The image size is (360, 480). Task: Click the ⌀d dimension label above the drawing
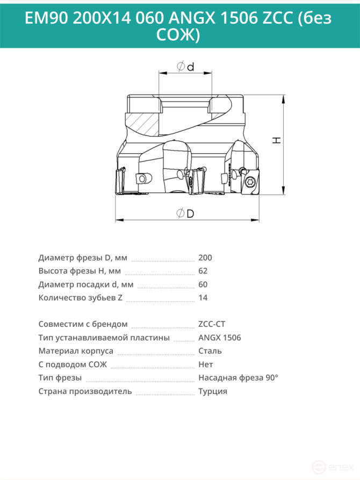[x=185, y=66]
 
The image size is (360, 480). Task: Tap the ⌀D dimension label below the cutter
[x=185, y=213]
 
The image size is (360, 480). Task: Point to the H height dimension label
[x=277, y=140]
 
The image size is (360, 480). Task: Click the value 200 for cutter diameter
[x=205, y=257]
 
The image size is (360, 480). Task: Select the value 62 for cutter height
[x=203, y=271]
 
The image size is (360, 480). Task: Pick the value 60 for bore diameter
[x=203, y=284]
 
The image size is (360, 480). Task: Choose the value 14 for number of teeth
[x=203, y=298]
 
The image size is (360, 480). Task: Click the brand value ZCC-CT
[x=212, y=324]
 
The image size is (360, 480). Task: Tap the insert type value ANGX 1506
[x=219, y=338]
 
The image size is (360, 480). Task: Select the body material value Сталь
[x=210, y=351]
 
